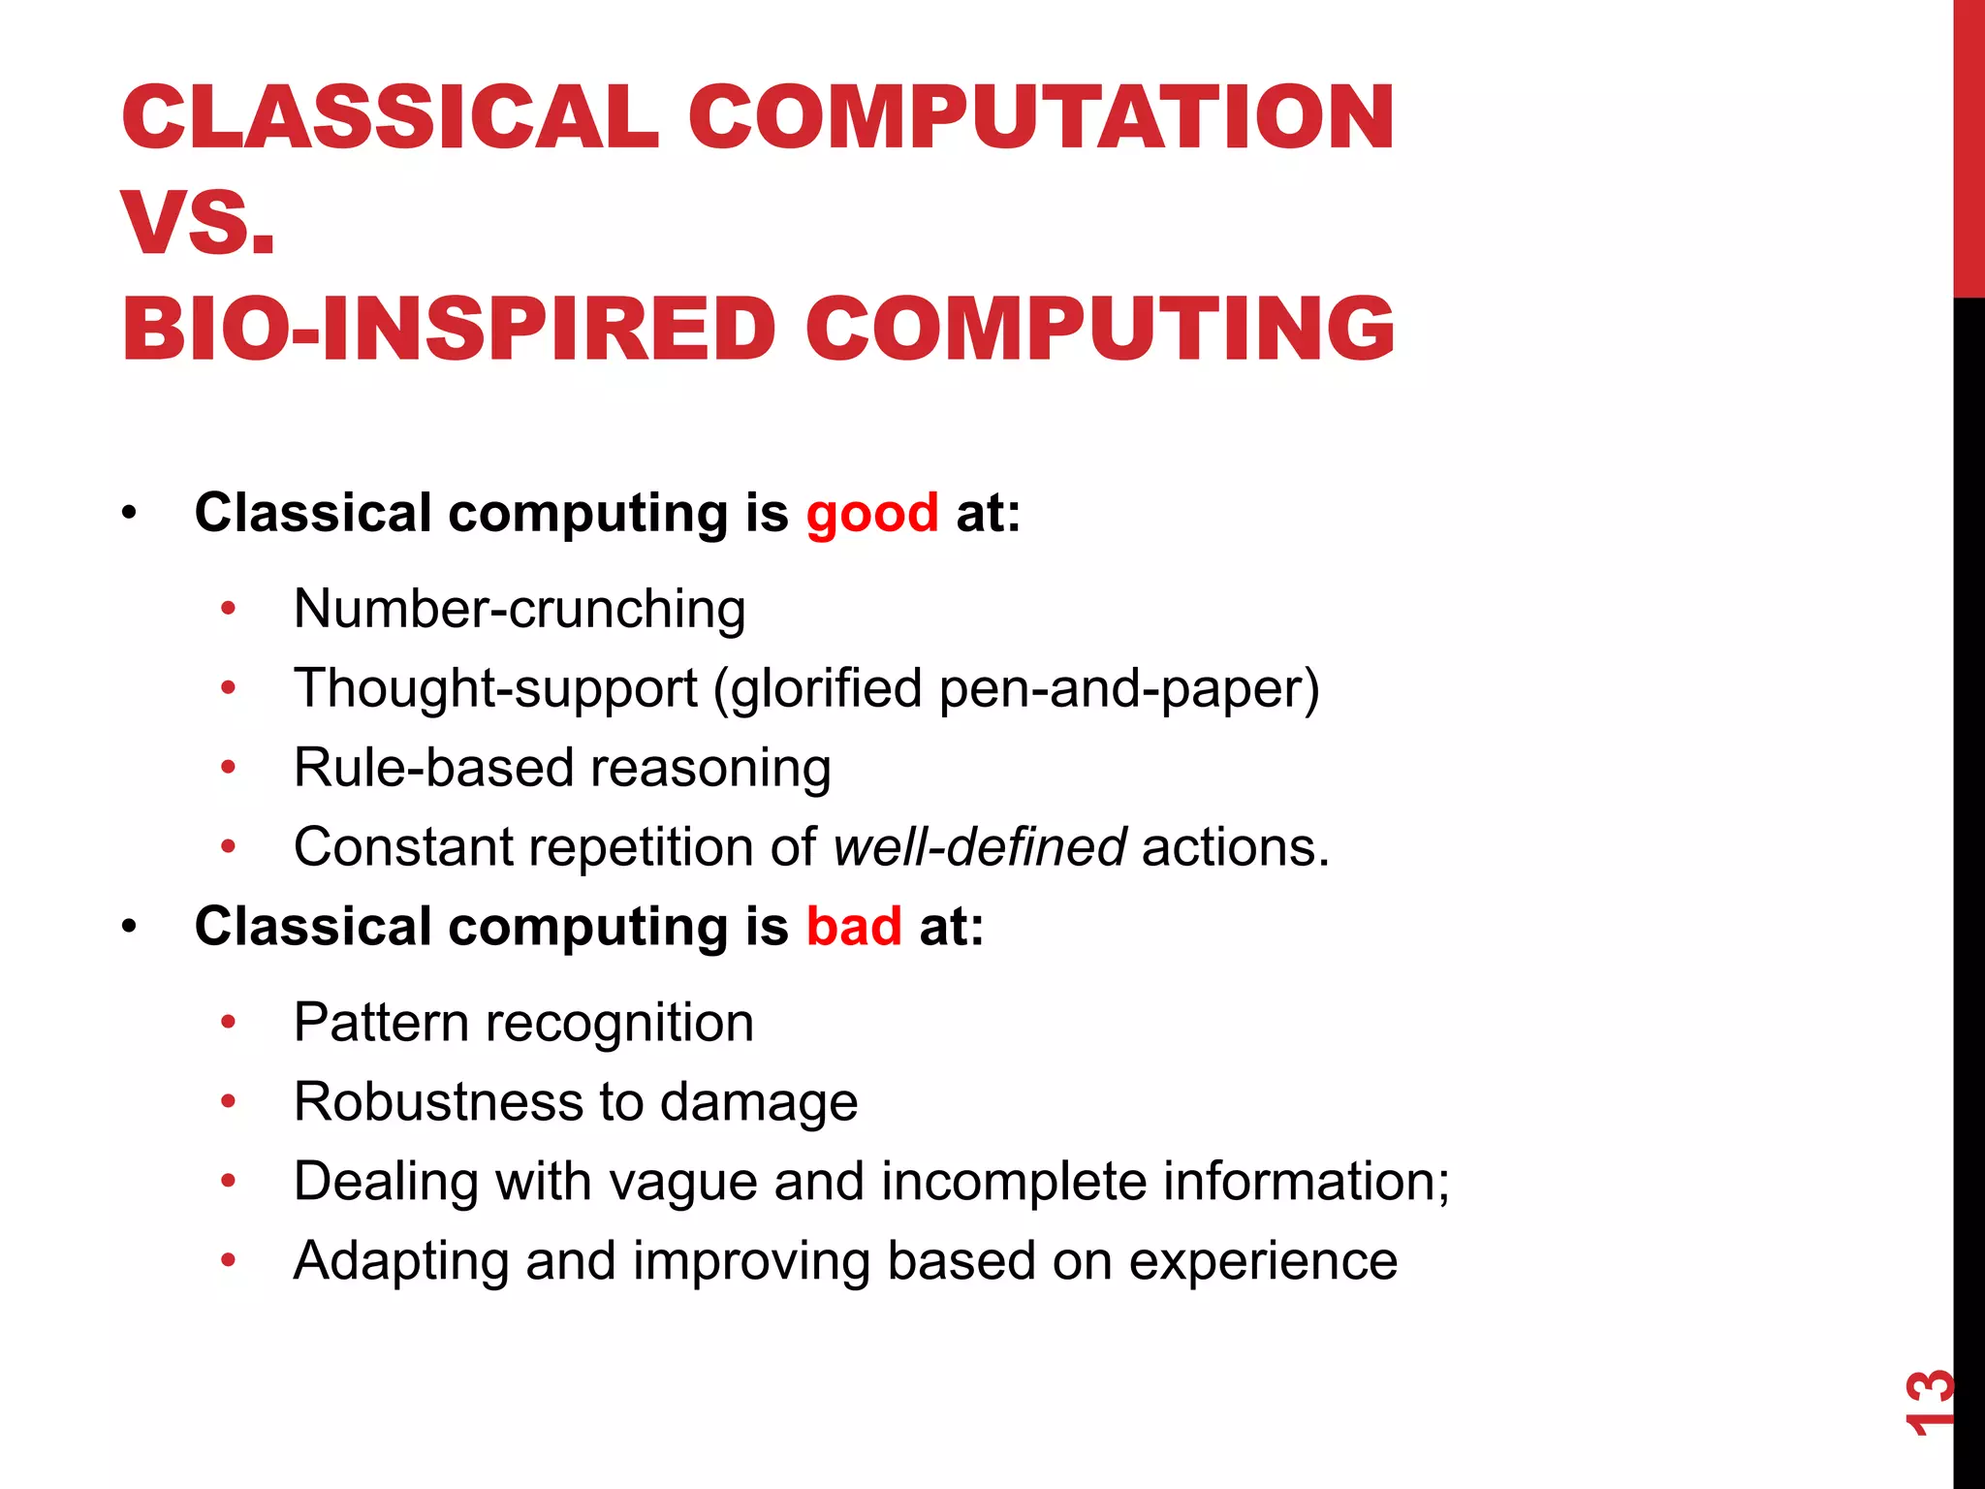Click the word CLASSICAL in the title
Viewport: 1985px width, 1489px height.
[x=390, y=117]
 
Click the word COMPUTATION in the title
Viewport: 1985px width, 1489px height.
[x=1041, y=117]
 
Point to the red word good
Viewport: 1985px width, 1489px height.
[x=872, y=513]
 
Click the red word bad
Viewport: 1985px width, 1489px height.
[x=854, y=927]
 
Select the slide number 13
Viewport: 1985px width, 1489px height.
[x=1928, y=1402]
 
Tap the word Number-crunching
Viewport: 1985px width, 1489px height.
[x=520, y=609]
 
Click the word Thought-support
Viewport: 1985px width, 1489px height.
[x=495, y=688]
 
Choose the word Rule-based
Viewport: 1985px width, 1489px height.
[x=434, y=768]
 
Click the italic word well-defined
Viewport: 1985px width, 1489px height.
[x=979, y=847]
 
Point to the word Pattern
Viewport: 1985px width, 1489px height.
[x=382, y=1023]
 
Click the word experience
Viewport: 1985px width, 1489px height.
[x=1263, y=1261]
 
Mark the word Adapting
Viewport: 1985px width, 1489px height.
[x=401, y=1261]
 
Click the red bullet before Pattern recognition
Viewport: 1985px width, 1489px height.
[x=229, y=1022]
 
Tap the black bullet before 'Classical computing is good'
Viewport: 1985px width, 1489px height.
[x=130, y=513]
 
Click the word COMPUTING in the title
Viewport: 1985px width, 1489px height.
[x=1099, y=329]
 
